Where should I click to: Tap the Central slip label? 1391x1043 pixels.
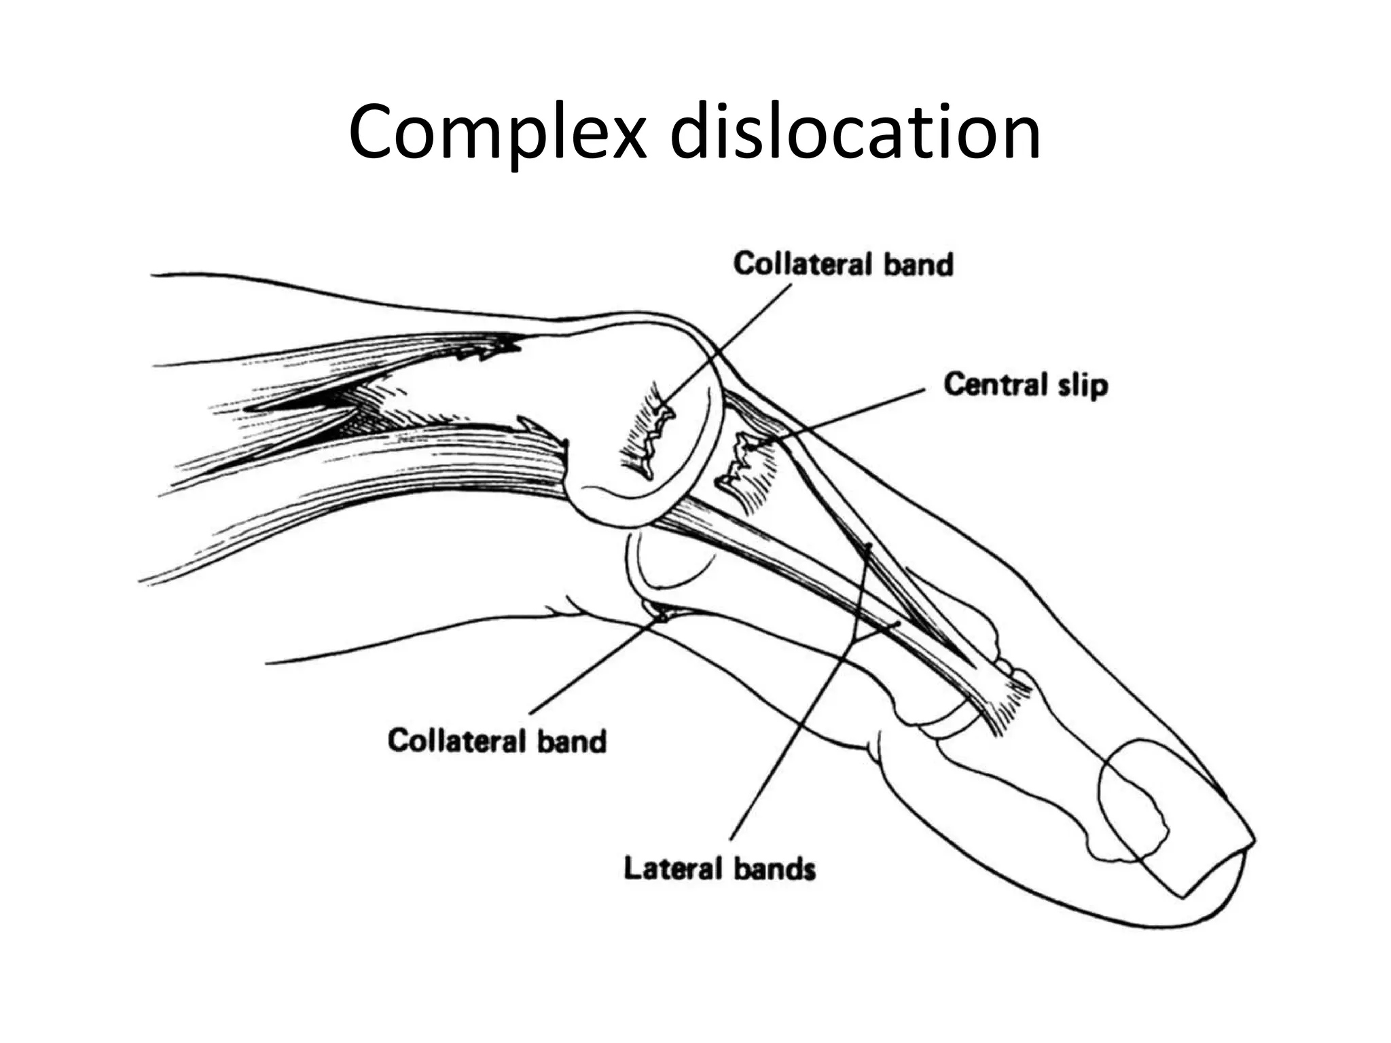tap(1025, 385)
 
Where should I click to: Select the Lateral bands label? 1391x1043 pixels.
tap(719, 868)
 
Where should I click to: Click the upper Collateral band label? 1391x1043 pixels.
tap(843, 264)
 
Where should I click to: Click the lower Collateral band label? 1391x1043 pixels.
tap(496, 740)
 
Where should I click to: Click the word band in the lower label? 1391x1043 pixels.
tap(572, 740)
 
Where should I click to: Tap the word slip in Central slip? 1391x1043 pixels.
tap(1083, 385)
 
